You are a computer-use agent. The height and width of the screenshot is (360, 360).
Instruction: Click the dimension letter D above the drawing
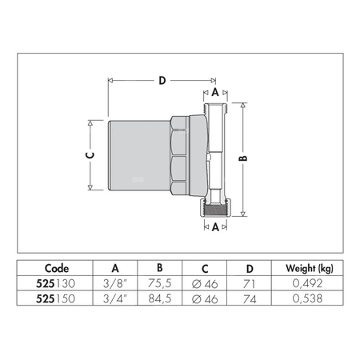[x=162, y=81]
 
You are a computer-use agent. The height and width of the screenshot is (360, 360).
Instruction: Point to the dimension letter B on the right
[x=244, y=158]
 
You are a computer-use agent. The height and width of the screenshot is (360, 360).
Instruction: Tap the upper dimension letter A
[x=215, y=93]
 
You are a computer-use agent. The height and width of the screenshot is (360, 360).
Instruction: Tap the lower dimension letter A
[x=215, y=226]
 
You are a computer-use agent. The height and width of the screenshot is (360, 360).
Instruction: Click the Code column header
[x=56, y=268]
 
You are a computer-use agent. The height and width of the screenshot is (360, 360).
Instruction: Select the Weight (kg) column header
[x=298, y=268]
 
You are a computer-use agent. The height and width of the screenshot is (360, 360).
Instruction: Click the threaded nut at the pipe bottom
[x=215, y=210]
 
